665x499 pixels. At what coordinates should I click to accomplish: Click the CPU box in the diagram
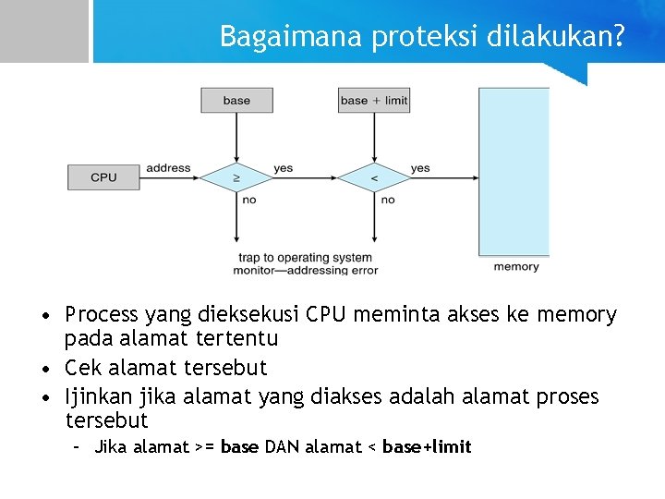click(x=103, y=177)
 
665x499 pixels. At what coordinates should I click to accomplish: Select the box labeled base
click(x=236, y=100)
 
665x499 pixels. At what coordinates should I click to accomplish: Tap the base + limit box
click(x=373, y=100)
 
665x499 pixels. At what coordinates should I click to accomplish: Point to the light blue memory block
click(x=514, y=171)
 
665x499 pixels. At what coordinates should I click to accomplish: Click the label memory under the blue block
click(x=516, y=267)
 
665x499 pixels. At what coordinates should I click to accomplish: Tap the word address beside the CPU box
click(x=168, y=168)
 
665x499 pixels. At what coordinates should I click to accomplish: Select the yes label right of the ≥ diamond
click(x=283, y=168)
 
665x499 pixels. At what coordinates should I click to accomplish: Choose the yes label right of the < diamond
click(x=420, y=168)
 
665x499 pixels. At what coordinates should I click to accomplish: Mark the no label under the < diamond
click(x=387, y=200)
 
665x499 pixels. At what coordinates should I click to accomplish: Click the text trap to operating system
click(x=306, y=258)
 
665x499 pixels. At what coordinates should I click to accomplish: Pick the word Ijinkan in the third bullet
click(x=98, y=397)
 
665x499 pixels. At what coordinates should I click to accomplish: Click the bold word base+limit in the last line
click(x=427, y=447)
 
